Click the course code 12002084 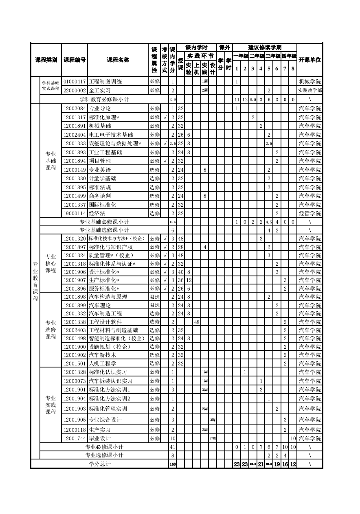click(x=75, y=109)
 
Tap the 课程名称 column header click(x=118, y=60)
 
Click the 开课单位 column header click(x=310, y=60)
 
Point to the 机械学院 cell click(x=310, y=81)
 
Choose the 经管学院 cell click(x=310, y=213)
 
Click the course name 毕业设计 click(x=100, y=438)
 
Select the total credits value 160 click(x=173, y=464)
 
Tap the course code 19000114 click(x=75, y=213)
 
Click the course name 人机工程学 click(x=103, y=363)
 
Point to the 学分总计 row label click(x=100, y=464)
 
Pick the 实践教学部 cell click(x=310, y=90)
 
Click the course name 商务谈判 click(x=100, y=196)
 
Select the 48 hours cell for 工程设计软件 click(x=197, y=322)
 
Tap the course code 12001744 click(x=75, y=438)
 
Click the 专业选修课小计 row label click(x=104, y=455)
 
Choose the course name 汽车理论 click(x=100, y=305)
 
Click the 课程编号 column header click(x=75, y=60)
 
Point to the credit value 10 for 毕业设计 click(x=173, y=438)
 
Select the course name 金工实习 click(x=100, y=90)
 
